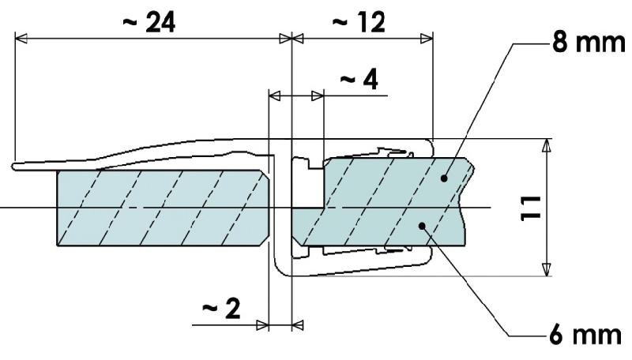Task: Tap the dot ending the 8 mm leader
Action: (x=445, y=179)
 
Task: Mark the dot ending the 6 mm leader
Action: (x=424, y=227)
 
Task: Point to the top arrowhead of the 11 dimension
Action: (x=545, y=146)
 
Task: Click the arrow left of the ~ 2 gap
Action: (x=264, y=324)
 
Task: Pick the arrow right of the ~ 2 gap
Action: (x=299, y=324)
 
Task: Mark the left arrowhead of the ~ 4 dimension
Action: (x=275, y=96)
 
